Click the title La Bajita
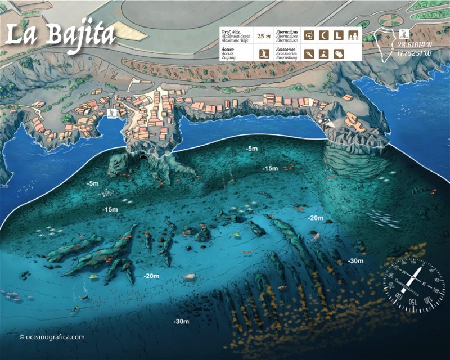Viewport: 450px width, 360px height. pos(60,35)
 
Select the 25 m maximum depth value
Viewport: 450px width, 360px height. pos(263,36)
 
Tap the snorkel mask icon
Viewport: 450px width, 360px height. pos(309,35)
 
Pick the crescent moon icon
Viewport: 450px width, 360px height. pos(323,35)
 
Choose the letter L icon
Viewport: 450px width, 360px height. pos(338,35)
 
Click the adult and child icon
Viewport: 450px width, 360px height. pos(353,35)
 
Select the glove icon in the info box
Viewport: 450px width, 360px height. pos(338,54)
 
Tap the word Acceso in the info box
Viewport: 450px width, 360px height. pos(228,49)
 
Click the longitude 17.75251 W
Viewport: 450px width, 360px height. pos(416,54)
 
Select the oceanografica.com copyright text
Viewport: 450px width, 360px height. pos(52,337)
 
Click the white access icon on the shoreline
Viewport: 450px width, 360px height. pos(112,113)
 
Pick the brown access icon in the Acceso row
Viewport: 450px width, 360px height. pos(263,54)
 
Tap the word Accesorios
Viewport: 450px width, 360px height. pos(287,49)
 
